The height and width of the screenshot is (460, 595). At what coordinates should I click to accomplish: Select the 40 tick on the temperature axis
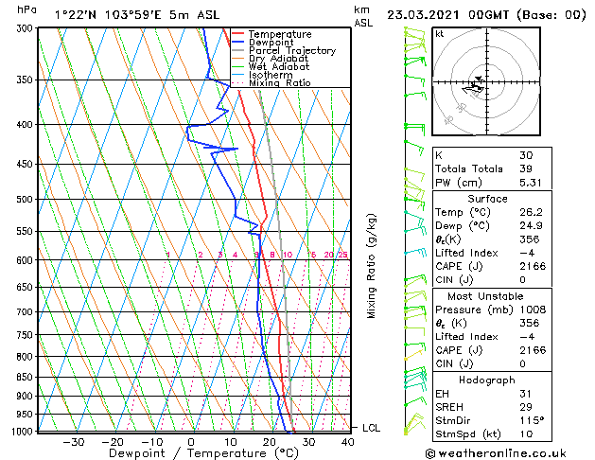[348, 441]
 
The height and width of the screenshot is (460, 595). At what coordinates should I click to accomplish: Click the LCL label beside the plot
[372, 429]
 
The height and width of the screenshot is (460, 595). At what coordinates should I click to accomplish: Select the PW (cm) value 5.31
[532, 184]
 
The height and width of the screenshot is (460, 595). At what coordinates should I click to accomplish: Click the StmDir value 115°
[531, 421]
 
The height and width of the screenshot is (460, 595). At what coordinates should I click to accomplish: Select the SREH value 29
[526, 407]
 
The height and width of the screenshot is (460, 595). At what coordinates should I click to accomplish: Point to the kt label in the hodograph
[440, 34]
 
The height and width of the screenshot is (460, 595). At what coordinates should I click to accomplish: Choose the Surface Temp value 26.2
[532, 213]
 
